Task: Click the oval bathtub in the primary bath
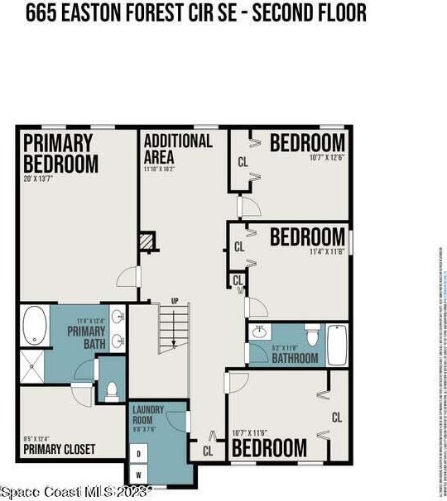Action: (35, 327)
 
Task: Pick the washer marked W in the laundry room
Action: (137, 474)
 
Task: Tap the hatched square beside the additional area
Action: (147, 240)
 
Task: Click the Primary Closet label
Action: (59, 450)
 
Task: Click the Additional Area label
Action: (177, 149)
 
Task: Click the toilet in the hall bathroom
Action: (312, 335)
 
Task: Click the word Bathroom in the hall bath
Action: (296, 358)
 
